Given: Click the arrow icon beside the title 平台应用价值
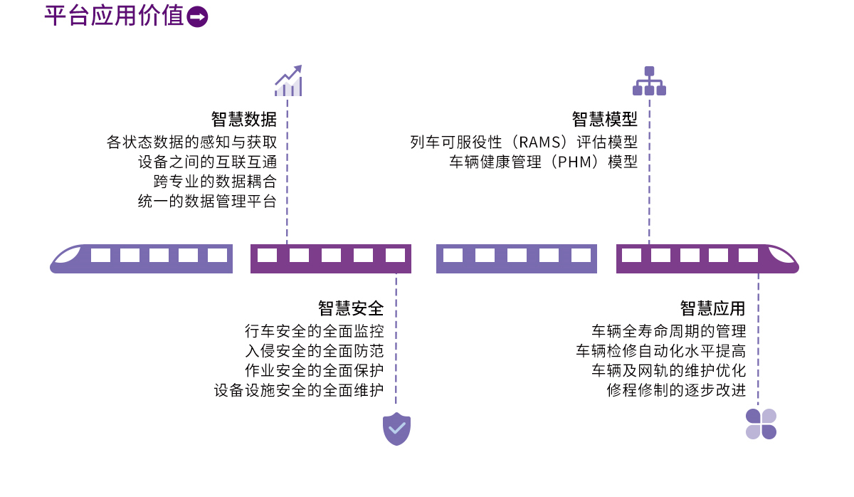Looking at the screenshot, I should tap(198, 17).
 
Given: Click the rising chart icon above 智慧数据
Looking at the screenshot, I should tap(288, 81).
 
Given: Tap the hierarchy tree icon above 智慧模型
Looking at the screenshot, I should tap(649, 81).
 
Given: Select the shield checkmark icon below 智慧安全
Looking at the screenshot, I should tap(396, 429).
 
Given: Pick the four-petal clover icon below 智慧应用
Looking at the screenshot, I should tap(761, 424).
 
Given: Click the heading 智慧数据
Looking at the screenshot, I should tap(243, 118).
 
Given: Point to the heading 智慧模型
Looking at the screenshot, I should tap(604, 118).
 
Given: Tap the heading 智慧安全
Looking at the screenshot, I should tap(351, 308).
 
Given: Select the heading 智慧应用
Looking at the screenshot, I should tap(712, 308).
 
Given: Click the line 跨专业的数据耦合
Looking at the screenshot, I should tap(215, 182).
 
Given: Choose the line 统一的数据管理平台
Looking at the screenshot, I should tap(207, 202).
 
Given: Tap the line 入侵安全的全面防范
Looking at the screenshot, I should tap(314, 351).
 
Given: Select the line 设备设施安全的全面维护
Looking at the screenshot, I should tap(298, 391).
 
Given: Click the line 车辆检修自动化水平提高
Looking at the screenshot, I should tap(660, 351).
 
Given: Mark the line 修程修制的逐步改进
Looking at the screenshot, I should tap(676, 391).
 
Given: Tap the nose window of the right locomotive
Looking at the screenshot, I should tap(780, 254).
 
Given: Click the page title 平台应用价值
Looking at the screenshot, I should tap(114, 16).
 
